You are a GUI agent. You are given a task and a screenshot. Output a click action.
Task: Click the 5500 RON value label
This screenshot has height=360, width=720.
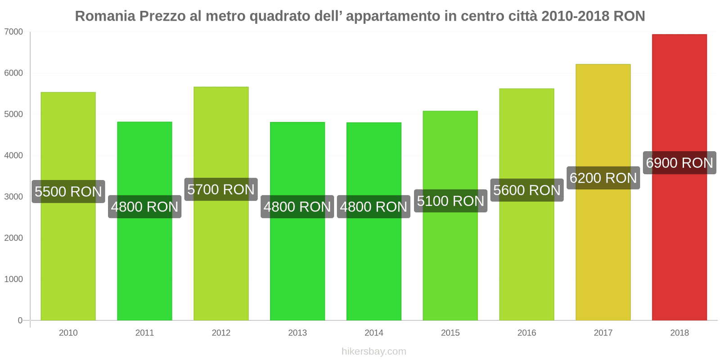click(x=68, y=192)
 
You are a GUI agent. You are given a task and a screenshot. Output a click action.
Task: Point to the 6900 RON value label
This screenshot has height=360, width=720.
click(x=679, y=163)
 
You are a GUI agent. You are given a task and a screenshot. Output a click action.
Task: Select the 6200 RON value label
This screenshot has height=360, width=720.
click(x=603, y=178)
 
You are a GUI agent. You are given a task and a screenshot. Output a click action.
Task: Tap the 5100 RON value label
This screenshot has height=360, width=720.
click(x=450, y=201)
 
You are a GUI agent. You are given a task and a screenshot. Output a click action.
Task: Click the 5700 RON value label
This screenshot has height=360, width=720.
click(x=221, y=189)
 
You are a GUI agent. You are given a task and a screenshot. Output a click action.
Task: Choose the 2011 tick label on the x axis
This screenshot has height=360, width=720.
click(x=144, y=333)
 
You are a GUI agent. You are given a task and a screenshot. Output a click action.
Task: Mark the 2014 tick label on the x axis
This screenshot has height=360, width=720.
click(x=374, y=333)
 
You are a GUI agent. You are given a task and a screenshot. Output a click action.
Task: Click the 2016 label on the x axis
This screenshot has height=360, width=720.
click(x=526, y=333)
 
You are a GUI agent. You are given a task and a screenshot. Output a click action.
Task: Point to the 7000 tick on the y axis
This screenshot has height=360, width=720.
click(x=13, y=32)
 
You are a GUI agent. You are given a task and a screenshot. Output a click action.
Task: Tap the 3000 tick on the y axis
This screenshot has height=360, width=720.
click(x=13, y=197)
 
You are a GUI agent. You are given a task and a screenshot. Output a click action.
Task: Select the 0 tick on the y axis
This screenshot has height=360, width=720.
click(x=20, y=320)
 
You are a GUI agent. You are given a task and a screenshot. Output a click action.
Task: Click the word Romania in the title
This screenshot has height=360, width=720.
click(x=105, y=16)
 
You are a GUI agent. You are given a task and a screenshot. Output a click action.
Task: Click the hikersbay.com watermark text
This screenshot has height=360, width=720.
click(x=374, y=351)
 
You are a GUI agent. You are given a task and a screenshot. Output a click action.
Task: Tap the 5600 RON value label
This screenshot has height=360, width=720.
click(x=527, y=190)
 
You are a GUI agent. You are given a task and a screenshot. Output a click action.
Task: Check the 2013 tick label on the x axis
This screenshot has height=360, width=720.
click(x=297, y=333)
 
